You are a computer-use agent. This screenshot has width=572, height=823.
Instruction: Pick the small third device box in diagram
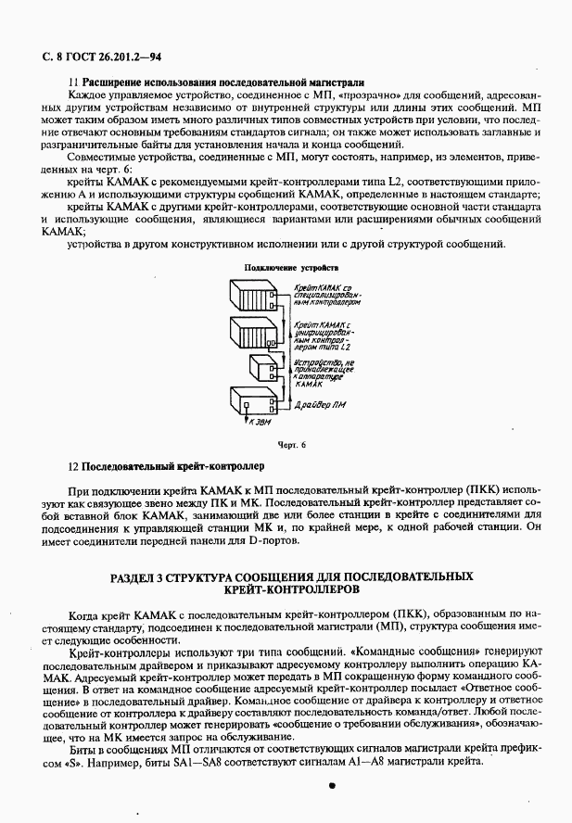[262, 371]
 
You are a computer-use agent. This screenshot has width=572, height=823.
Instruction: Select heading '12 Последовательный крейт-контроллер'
[167, 465]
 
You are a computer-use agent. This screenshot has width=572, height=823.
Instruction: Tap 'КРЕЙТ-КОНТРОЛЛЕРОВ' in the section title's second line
[288, 589]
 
